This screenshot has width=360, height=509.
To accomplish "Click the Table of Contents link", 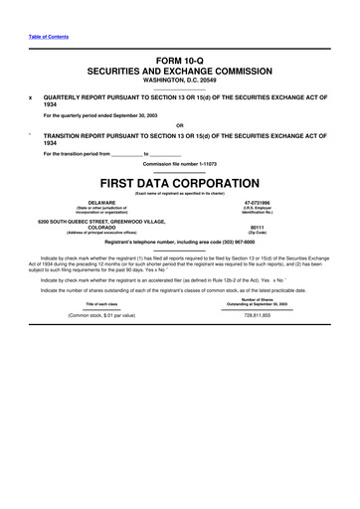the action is [42, 37].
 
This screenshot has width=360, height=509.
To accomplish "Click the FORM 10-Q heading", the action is [179, 62].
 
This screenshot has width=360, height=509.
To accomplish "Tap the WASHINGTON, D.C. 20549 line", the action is [179, 83].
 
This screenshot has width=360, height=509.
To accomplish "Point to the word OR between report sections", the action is [179, 124].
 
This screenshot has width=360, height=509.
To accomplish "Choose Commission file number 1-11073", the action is [179, 162].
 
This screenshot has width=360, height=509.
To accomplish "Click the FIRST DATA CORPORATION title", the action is [179, 184].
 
